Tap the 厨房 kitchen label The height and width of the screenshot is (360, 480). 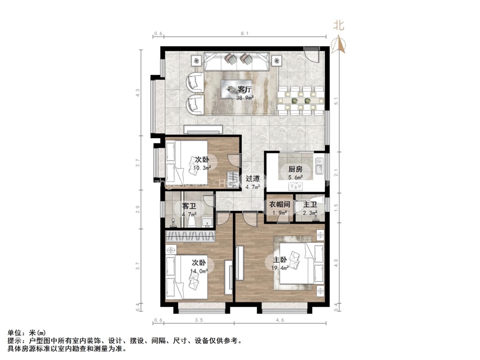pyautogui.click(x=295, y=169)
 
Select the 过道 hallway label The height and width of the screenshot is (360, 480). pyautogui.click(x=253, y=179)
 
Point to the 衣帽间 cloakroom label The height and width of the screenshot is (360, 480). pyautogui.click(x=279, y=205)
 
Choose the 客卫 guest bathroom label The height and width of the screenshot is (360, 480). pyautogui.click(x=189, y=206)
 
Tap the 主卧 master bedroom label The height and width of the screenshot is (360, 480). pyautogui.click(x=280, y=260)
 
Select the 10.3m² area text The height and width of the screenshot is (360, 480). pyautogui.click(x=202, y=167)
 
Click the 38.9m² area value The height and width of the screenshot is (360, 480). pyautogui.click(x=245, y=98)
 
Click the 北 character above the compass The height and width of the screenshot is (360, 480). pyautogui.click(x=338, y=26)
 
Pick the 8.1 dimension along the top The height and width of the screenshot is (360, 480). pyautogui.click(x=244, y=34)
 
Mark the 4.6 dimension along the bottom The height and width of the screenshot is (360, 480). pyautogui.click(x=280, y=321)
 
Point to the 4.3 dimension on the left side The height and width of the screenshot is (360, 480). pyautogui.click(x=138, y=93)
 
